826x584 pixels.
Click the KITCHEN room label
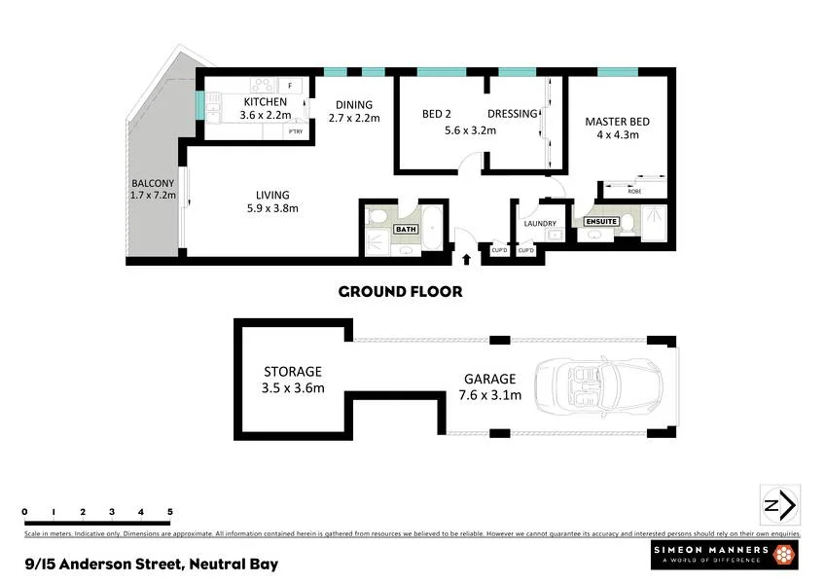click(265, 102)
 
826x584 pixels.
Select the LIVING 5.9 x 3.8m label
click(271, 195)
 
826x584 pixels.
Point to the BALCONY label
click(153, 183)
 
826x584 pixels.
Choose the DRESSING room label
click(512, 114)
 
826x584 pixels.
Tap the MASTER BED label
click(617, 122)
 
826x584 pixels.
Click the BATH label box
click(405, 230)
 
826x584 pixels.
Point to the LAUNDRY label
click(539, 224)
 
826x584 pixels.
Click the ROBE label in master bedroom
click(634, 191)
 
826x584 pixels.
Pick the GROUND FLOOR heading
click(400, 291)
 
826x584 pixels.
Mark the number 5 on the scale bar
click(170, 512)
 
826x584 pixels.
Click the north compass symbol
click(778, 506)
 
